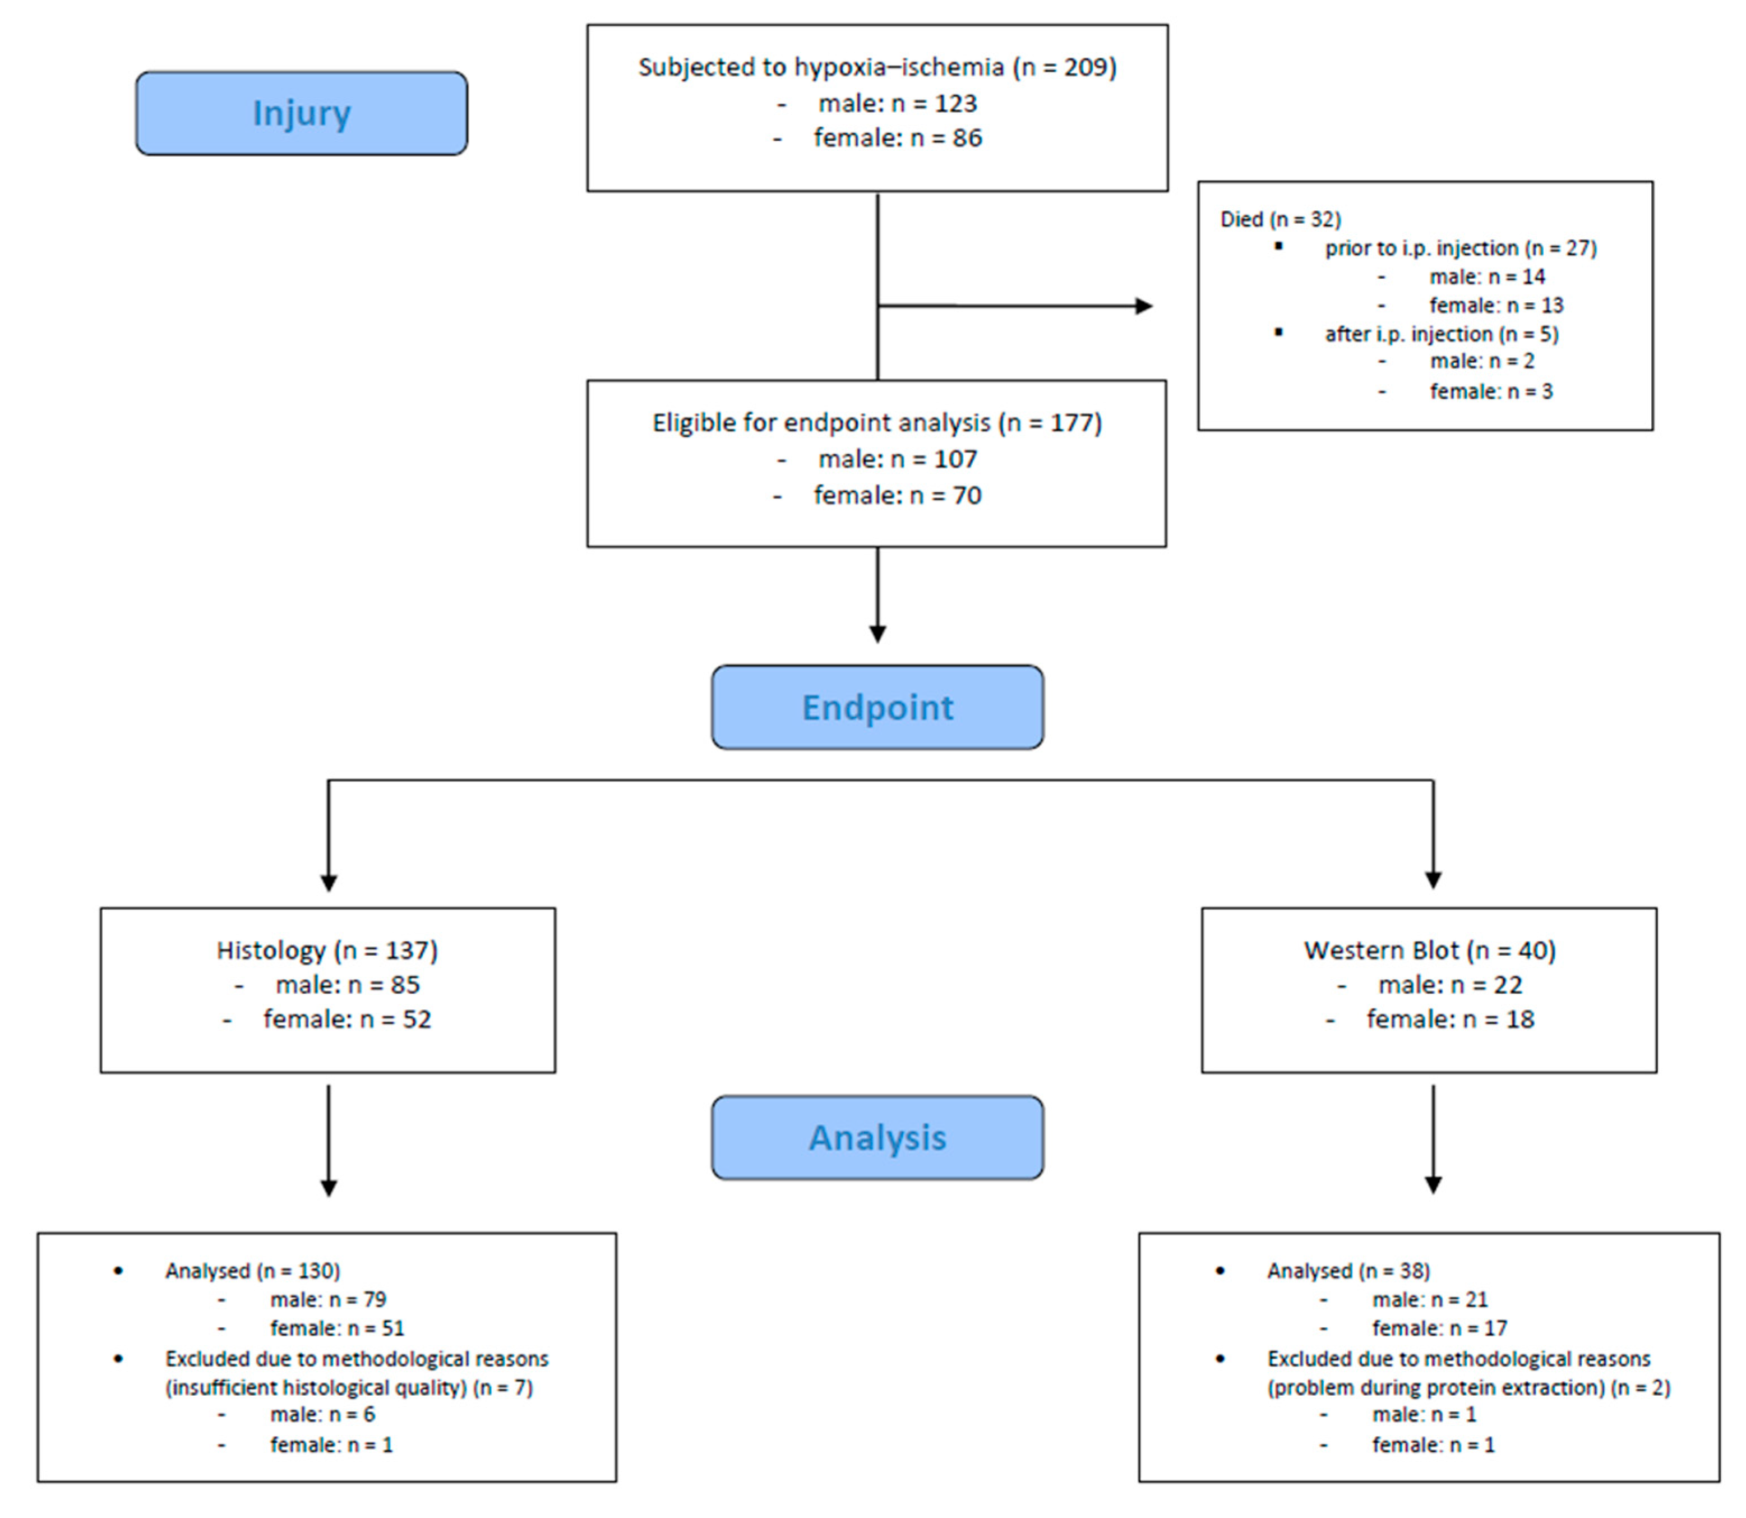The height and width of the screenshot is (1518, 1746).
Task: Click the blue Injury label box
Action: point(302,113)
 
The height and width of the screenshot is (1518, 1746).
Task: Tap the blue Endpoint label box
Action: point(877,707)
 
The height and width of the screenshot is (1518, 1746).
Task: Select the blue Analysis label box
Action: point(877,1138)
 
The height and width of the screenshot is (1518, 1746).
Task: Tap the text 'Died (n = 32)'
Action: point(1280,219)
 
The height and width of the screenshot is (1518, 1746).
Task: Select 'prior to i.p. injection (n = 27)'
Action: point(1460,248)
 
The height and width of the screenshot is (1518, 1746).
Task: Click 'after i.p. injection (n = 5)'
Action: point(1441,334)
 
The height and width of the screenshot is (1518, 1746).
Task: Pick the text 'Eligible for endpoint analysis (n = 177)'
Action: point(877,423)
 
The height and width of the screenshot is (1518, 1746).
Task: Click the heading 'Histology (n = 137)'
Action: point(327,951)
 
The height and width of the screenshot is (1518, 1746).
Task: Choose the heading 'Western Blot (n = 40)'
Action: point(1429,951)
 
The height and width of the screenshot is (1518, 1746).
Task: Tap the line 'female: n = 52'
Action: point(347,1019)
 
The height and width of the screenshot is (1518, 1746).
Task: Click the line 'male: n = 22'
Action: point(1449,985)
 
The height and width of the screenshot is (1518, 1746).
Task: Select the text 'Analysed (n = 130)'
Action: point(252,1271)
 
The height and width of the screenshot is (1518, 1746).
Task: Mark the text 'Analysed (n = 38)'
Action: point(1348,1271)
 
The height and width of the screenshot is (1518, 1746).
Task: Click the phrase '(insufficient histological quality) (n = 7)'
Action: point(349,1387)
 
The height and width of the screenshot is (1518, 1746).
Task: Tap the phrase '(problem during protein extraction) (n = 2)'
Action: point(1468,1387)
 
